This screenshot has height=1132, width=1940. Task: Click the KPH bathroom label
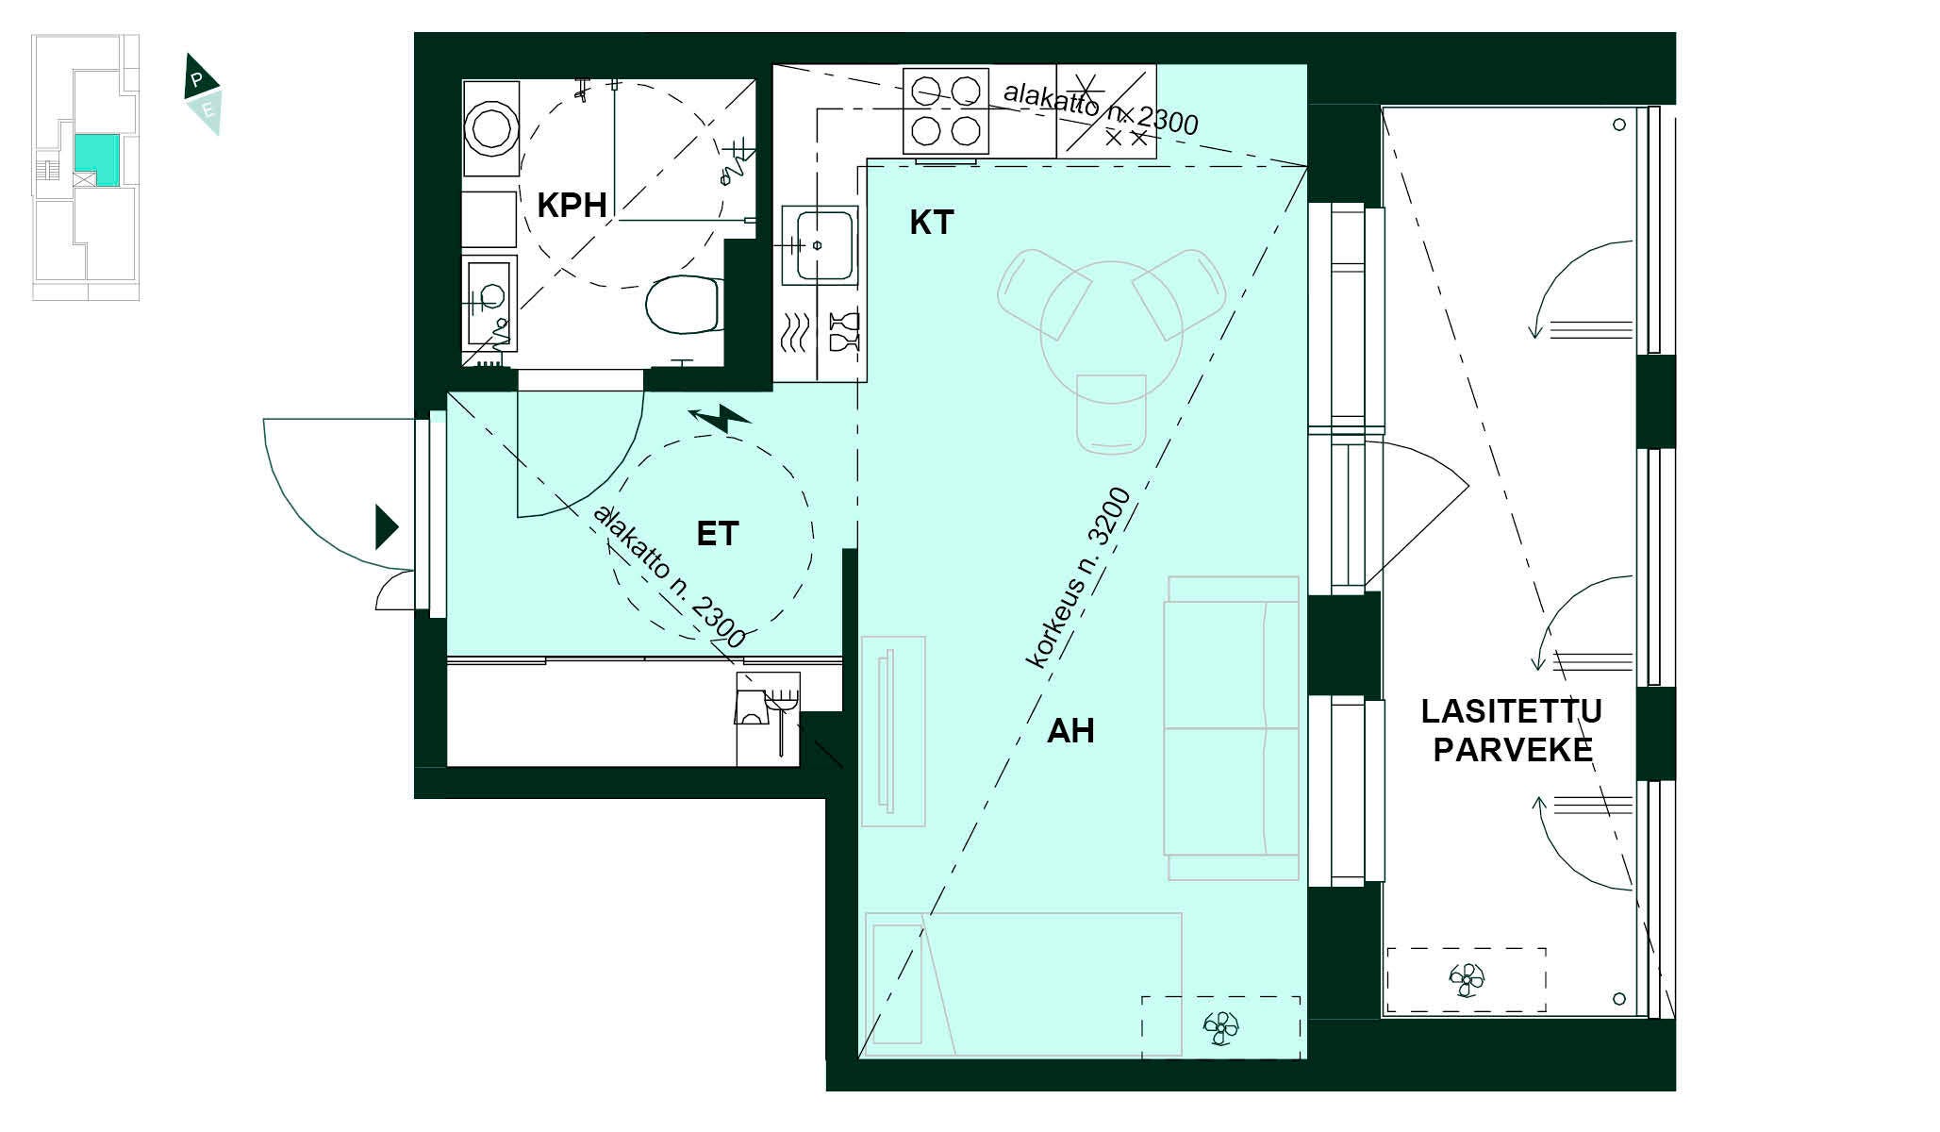[572, 205]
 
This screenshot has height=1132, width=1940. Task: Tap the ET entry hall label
[717, 534]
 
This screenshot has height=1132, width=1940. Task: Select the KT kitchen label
[931, 223]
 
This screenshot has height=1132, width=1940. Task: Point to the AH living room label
[1070, 730]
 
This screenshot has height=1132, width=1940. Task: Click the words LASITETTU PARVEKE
[1512, 730]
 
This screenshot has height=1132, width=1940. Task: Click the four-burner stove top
[946, 110]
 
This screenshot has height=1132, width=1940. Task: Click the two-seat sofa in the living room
[1232, 727]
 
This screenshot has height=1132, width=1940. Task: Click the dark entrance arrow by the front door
[387, 527]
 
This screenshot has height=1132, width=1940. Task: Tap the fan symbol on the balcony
[1467, 979]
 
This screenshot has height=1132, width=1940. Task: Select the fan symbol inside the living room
[1220, 1027]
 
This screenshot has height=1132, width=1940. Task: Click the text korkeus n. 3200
[1078, 578]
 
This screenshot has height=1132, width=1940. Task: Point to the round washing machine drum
[490, 128]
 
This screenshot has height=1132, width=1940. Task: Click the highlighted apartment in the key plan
[97, 159]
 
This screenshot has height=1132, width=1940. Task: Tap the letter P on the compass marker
[196, 81]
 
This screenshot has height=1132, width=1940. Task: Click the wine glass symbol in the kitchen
[843, 331]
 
